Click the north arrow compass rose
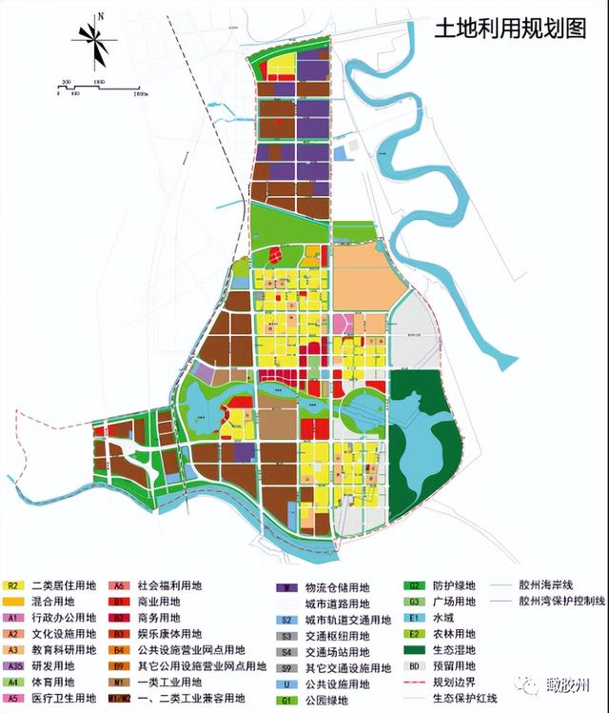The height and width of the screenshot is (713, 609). [x=96, y=41]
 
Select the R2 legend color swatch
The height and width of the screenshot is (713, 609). [x=12, y=584]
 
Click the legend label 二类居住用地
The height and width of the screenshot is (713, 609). [x=64, y=584]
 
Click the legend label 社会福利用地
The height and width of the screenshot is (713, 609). [x=170, y=584]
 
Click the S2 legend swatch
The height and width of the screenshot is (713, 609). [x=286, y=620]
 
